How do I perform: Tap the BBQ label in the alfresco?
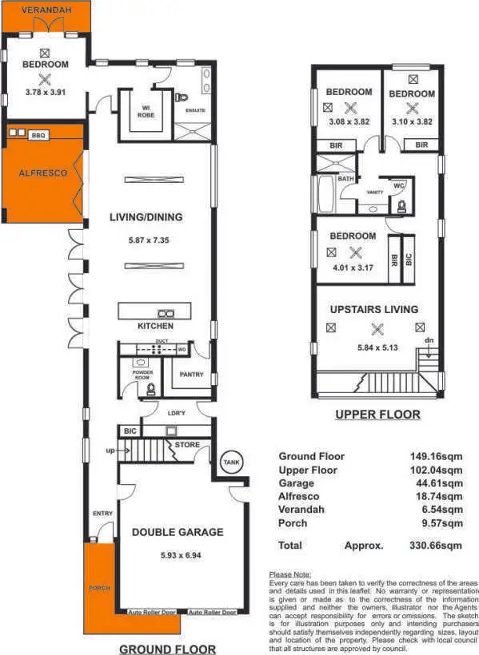pos(38,136)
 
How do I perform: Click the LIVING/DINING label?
pos(146,217)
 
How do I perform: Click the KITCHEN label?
pos(155,327)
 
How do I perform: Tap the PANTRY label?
pos(192,374)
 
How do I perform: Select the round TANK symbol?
pos(231,462)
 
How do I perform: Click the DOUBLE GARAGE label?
pos(178,533)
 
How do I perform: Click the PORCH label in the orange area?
pos(99,588)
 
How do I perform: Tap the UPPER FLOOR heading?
pos(377,415)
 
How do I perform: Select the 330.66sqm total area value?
pos(436,546)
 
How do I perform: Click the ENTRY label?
pos(102,514)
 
